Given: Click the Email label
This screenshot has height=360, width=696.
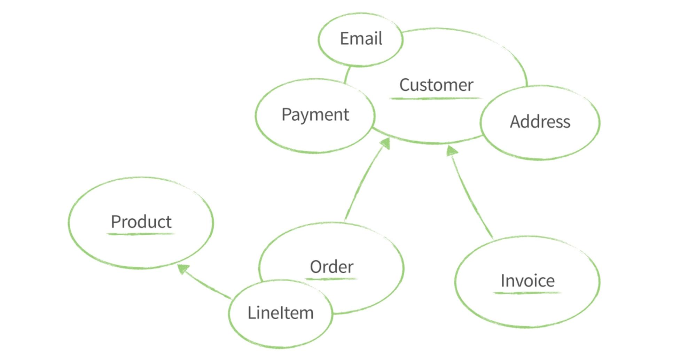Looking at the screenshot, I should pyautogui.click(x=361, y=38).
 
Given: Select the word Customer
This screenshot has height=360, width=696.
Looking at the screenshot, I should pyautogui.click(x=436, y=85).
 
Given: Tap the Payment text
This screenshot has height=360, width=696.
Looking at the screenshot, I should pyautogui.click(x=315, y=115).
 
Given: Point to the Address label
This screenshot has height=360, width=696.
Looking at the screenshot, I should pyautogui.click(x=540, y=122).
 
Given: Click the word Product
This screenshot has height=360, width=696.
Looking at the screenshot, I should pyautogui.click(x=141, y=222).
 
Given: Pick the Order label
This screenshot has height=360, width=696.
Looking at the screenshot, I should pyautogui.click(x=331, y=267).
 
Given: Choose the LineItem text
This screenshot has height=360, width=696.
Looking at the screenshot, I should pyautogui.click(x=280, y=313).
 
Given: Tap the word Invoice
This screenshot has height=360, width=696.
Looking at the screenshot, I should pyautogui.click(x=527, y=281).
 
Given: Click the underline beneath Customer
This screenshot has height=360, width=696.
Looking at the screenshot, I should pyautogui.click(x=435, y=99).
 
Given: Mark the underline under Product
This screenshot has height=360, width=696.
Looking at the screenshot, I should pyautogui.click(x=140, y=234).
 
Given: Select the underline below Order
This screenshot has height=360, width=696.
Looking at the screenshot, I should pyautogui.click(x=331, y=279).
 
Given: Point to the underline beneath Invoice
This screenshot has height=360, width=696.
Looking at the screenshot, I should pyautogui.click(x=527, y=293).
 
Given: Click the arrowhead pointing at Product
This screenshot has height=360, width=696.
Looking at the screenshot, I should pyautogui.click(x=182, y=268).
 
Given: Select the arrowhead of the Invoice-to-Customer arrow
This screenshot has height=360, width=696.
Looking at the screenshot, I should pyautogui.click(x=451, y=151).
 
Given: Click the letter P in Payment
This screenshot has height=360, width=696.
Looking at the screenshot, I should pyautogui.click(x=286, y=114).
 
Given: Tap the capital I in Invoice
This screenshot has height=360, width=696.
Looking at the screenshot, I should pyautogui.click(x=503, y=281).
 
